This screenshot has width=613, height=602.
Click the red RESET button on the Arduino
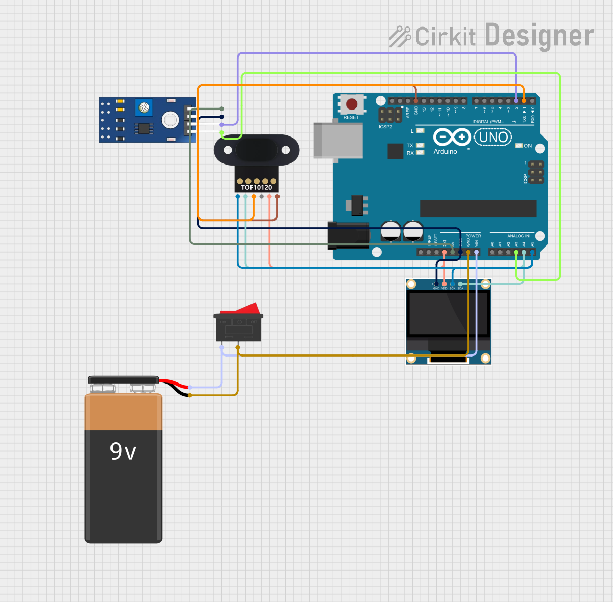click(352, 104)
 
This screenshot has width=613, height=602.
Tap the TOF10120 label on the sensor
click(257, 188)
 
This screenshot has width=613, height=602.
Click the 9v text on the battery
click(123, 451)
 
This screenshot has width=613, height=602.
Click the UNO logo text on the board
click(493, 137)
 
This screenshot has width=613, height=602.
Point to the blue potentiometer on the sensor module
click(144, 107)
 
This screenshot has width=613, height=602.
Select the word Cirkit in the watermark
click(445, 37)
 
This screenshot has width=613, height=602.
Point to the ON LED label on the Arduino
click(527, 146)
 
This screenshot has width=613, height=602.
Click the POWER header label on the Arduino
click(473, 236)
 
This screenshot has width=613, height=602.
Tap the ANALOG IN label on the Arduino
click(518, 236)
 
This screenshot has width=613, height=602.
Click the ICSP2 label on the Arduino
click(385, 127)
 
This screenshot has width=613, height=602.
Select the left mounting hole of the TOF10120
click(228, 150)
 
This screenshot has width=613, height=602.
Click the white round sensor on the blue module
click(170, 120)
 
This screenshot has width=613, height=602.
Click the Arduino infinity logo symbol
click(452, 137)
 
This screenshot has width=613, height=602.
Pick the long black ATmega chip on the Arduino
click(478, 208)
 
